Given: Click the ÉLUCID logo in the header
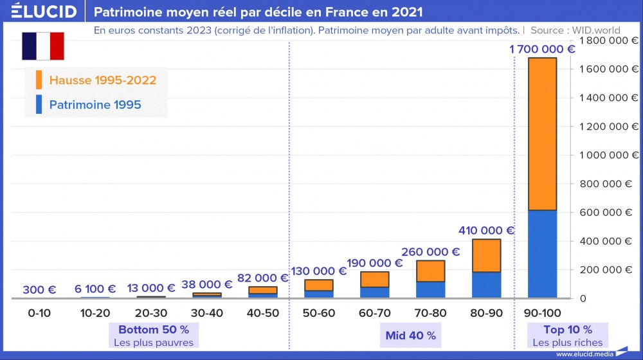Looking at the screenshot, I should point(40,12).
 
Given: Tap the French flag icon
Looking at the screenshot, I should point(43,46).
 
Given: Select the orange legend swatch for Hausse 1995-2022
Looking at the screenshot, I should point(39,80).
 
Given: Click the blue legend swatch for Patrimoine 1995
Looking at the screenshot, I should point(39,104).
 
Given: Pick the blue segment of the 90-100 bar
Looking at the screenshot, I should point(541,254).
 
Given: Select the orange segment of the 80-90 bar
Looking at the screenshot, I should point(486,256).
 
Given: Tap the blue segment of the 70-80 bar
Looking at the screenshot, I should point(430,290).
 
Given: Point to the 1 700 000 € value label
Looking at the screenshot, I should point(542,50).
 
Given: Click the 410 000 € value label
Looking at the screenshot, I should point(486,230).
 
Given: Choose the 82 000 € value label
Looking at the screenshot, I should point(262,278).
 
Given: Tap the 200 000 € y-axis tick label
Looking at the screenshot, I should point(607,270).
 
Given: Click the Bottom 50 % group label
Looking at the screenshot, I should point(154,330).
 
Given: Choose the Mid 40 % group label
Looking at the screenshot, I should point(410,336).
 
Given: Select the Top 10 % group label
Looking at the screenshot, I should point(568,330).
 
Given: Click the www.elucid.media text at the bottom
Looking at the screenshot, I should point(584,354).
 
